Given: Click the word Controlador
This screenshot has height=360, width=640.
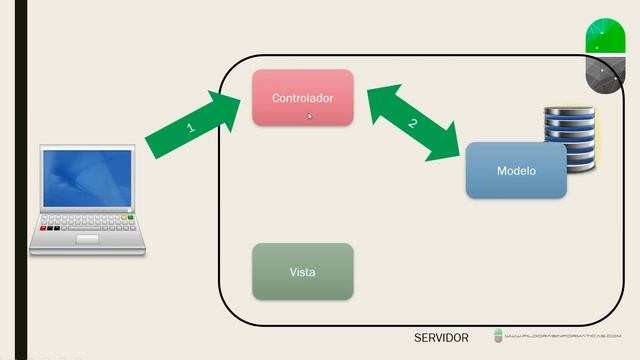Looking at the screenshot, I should point(302,98).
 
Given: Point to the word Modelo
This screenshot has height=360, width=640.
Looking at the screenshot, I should point(516,171).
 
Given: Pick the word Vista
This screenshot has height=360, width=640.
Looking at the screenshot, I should point(302,272).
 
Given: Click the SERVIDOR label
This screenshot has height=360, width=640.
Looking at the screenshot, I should point(441,338).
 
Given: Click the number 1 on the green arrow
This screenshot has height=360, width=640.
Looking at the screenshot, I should point(190,128).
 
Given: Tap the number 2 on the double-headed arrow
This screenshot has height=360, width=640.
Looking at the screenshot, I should point(411,124).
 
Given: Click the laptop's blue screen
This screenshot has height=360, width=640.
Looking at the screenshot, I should point(87,180).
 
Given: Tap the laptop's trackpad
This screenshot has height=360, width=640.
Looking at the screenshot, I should point(88,239).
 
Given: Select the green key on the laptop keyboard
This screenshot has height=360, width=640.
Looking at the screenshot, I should point(126,217).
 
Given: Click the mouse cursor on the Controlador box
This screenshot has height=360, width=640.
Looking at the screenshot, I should point(310,116).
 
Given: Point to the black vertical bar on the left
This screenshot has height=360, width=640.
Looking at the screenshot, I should point(21,180).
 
